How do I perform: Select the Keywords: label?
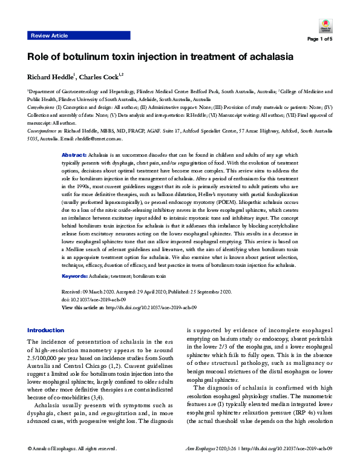77,275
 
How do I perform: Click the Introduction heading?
45,330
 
